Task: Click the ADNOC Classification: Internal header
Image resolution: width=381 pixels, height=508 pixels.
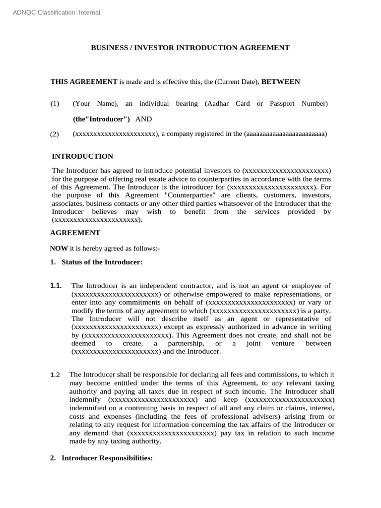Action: click(x=56, y=12)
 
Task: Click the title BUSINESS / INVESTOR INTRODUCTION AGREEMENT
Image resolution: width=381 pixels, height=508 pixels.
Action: click(x=190, y=48)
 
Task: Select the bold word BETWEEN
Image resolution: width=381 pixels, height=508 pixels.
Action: click(x=281, y=81)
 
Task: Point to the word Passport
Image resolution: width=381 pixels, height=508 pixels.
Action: click(x=282, y=104)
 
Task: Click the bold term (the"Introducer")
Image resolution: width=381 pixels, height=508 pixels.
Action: click(x=102, y=119)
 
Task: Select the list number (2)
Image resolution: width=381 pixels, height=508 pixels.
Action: click(x=55, y=134)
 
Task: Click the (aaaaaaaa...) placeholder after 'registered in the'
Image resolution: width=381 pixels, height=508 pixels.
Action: click(x=285, y=134)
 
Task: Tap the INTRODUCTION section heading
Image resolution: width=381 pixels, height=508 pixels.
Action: click(x=82, y=156)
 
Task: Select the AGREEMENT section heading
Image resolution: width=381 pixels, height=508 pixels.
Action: click(x=75, y=233)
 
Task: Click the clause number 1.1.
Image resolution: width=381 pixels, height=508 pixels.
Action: click(x=56, y=286)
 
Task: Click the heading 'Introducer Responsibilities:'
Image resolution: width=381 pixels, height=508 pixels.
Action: click(x=107, y=459)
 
